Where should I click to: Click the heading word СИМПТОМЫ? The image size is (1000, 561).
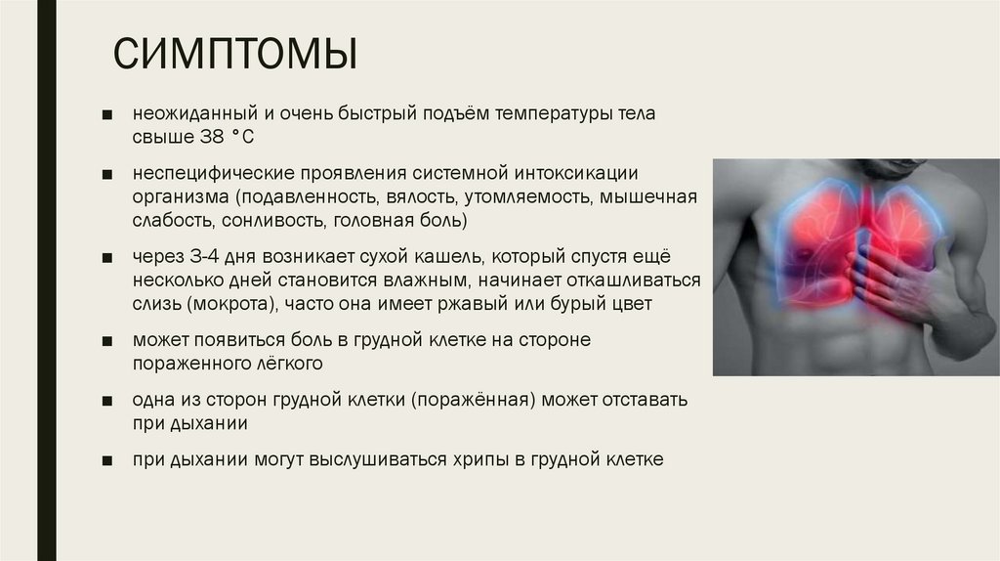coord(233,56)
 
